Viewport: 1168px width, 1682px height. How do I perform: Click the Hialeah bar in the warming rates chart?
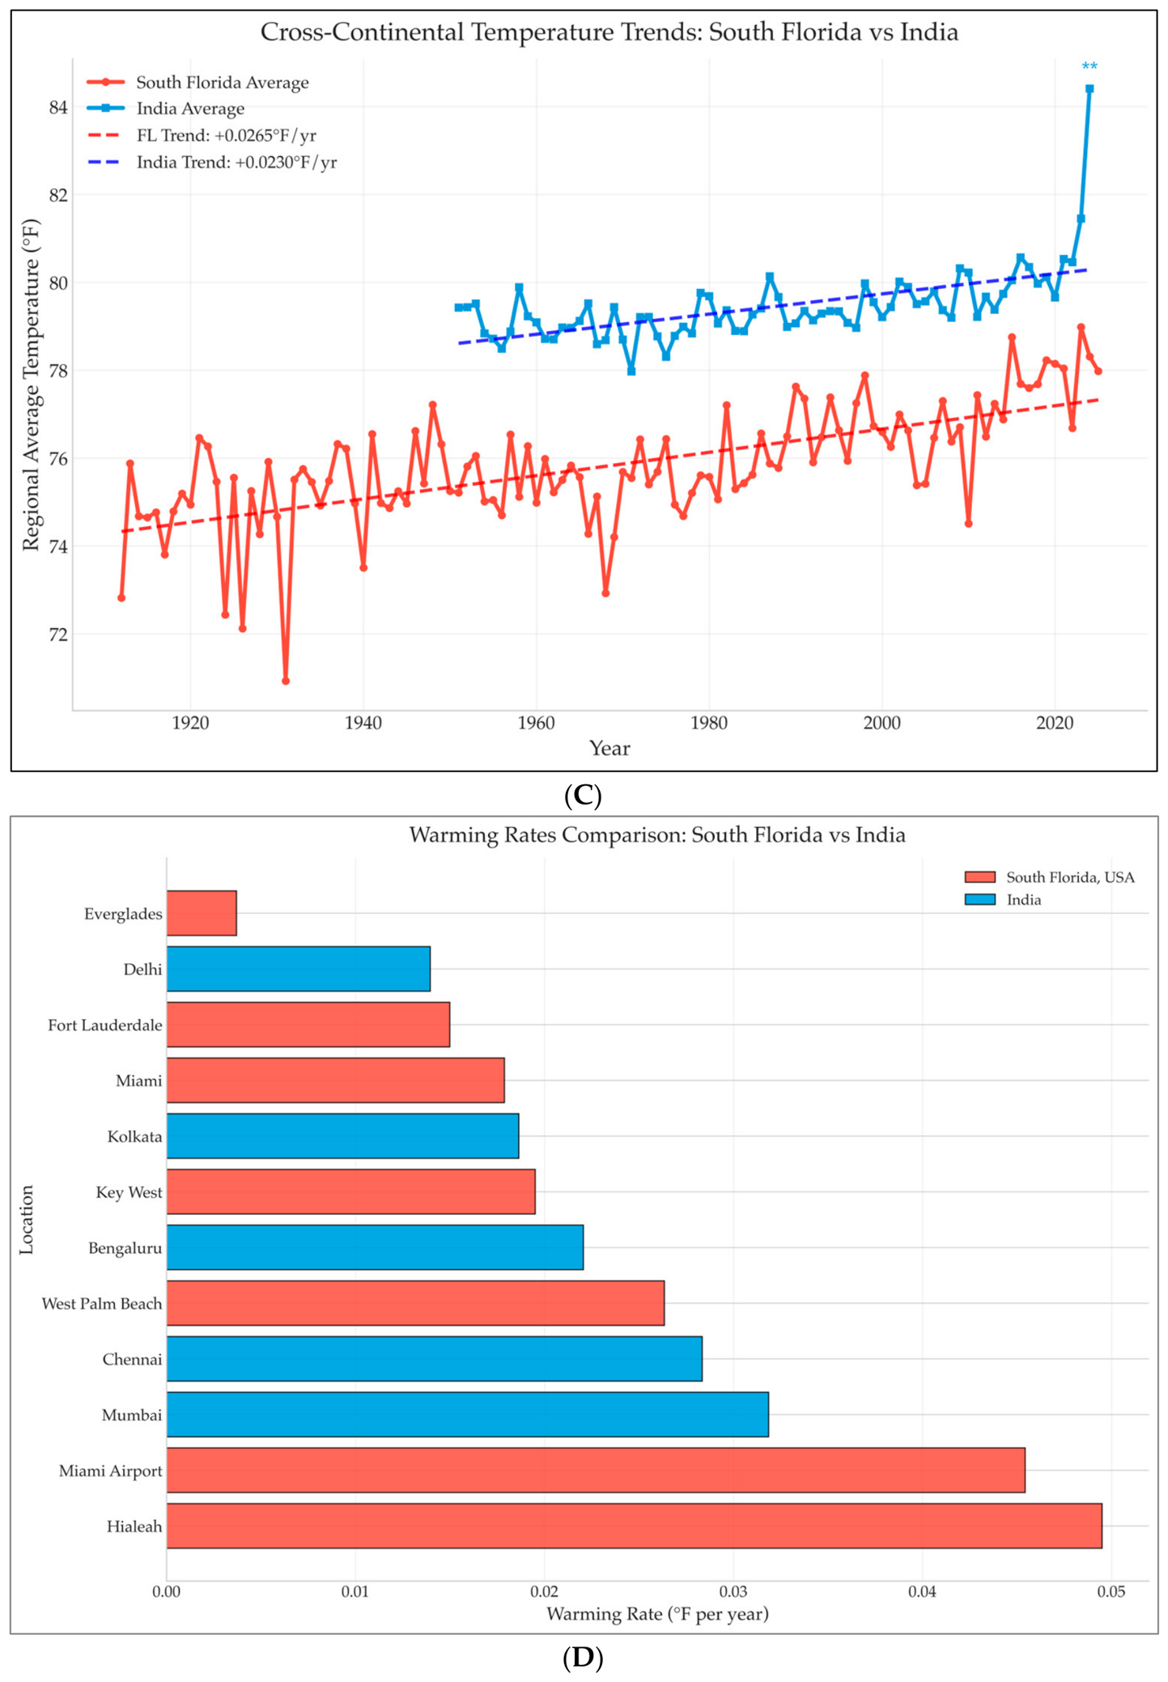coord(634,1526)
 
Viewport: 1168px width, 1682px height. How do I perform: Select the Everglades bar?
coord(202,913)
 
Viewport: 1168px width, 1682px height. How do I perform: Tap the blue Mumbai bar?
coord(467,1414)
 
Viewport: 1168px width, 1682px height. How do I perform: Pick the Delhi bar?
coord(298,969)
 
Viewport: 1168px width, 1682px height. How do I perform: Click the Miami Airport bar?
coord(596,1470)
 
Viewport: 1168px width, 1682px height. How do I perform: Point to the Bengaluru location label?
coord(125,1248)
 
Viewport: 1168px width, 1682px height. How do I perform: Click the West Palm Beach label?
coord(102,1303)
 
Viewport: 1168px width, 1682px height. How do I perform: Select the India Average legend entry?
coord(167,108)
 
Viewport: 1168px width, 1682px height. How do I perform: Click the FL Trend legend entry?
coord(202,135)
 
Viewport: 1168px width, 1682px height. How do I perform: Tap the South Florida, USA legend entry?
coord(1050,877)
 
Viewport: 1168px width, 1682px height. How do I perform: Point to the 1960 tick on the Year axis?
coord(536,723)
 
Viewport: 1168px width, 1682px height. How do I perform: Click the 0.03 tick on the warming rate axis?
coord(733,1591)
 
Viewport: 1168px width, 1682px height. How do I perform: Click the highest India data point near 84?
coord(1089,89)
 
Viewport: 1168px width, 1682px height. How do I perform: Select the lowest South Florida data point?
coord(286,681)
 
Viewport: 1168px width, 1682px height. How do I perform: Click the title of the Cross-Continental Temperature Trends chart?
coord(609,32)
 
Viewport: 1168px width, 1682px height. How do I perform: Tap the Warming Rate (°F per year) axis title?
coord(657,1614)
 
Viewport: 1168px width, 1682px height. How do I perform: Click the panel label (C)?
coord(583,796)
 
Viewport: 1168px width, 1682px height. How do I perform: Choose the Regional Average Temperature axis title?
coord(31,384)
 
